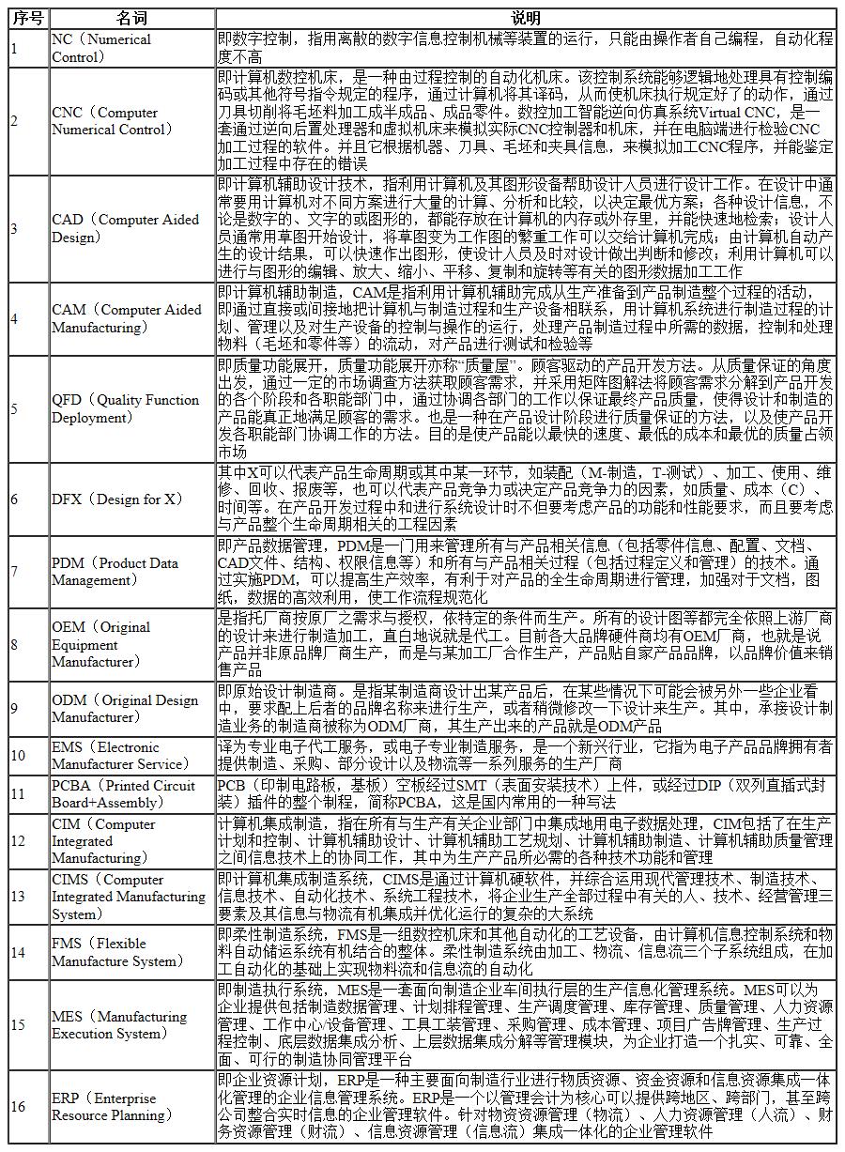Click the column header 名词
(x=131, y=19)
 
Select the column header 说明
(x=526, y=19)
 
